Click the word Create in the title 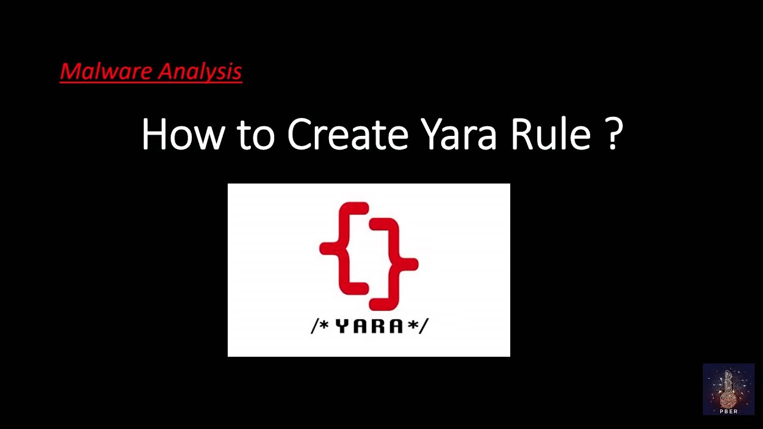coord(348,134)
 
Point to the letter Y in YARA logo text coord(342,326)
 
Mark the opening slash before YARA coord(314,326)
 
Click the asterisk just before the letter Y coord(325,325)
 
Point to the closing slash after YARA coord(424,326)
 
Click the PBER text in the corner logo coord(728,411)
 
